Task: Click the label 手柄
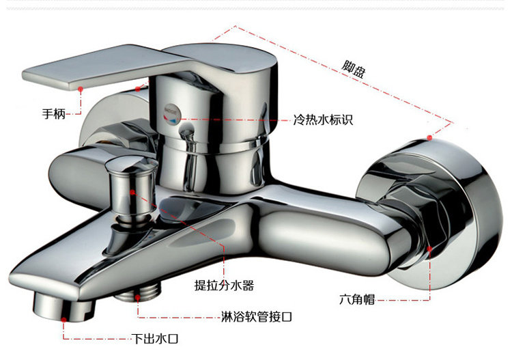pyautogui.click(x=54, y=115)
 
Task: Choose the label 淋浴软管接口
pyautogui.click(x=257, y=317)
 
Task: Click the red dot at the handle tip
pyautogui.click(x=81, y=88)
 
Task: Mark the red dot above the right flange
pyautogui.click(x=431, y=137)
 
